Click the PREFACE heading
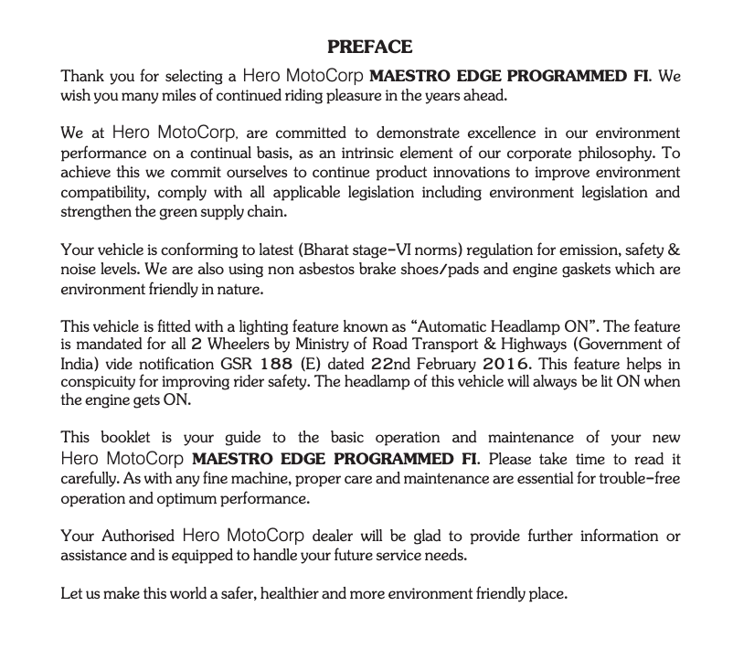coord(369,47)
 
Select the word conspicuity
coord(100,381)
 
